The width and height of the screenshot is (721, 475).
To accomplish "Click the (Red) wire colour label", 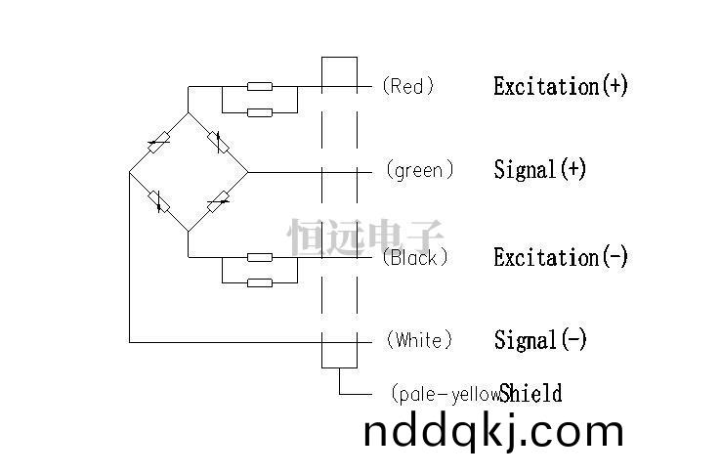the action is coord(408,86).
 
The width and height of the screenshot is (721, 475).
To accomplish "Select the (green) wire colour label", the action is coord(420,170).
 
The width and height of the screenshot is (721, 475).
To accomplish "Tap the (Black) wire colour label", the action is coord(415,257).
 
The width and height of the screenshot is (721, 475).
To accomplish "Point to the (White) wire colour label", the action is coord(419,340).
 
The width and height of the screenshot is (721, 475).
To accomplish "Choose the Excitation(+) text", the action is coord(561,86).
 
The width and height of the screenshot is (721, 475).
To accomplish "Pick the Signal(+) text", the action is coord(540,169).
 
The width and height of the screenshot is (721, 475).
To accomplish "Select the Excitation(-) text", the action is coord(561,257).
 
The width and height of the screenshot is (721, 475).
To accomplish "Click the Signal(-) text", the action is coord(540,340).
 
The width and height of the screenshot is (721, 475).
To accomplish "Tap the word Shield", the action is coord(530,393).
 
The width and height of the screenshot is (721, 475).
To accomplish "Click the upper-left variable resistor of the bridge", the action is coord(159,143).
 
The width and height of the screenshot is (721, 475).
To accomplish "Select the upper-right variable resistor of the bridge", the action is coord(218,142).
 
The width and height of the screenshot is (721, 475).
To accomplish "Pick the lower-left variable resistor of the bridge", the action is coord(159,201).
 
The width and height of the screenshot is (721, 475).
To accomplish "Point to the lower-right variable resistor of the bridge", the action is coord(218,201).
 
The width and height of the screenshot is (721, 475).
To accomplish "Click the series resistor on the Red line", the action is coord(260,86).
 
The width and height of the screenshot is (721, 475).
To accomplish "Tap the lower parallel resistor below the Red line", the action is coord(260,112).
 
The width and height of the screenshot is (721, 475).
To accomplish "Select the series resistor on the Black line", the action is coord(260,257).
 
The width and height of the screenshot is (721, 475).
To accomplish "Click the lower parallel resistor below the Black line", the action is coord(260,282).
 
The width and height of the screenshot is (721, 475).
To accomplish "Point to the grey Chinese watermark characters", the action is coord(365,237).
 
